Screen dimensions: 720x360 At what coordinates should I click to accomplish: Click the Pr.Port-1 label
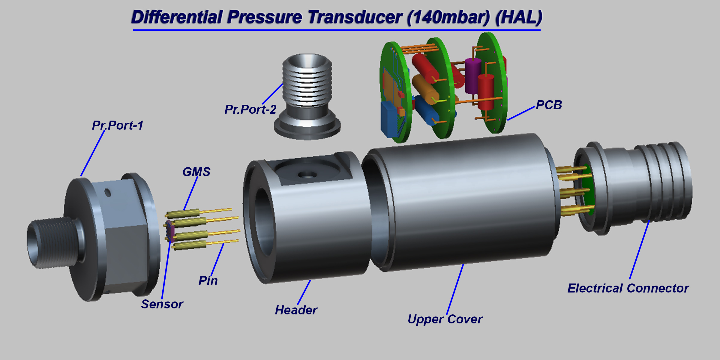118,125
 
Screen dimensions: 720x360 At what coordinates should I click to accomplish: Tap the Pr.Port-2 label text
250,109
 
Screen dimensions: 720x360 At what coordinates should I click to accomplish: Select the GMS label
196,172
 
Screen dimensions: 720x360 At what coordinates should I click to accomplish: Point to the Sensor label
162,304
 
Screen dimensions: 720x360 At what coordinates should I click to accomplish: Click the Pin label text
208,281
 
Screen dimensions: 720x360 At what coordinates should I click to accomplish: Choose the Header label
296,310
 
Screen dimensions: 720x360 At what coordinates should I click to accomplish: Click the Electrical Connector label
628,288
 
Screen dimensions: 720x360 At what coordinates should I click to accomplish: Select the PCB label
549,105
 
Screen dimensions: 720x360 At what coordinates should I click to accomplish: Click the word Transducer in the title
355,17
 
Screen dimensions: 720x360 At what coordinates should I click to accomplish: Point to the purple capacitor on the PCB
473,76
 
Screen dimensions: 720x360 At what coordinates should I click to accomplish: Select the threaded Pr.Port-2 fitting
307,97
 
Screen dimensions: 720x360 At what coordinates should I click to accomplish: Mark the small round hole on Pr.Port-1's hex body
108,193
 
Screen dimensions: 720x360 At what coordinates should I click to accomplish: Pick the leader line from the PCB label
521,113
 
